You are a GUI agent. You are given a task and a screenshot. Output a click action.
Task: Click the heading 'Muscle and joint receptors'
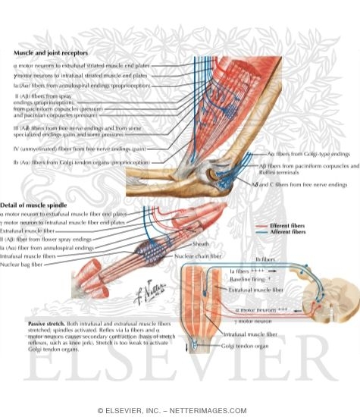tap(51, 54)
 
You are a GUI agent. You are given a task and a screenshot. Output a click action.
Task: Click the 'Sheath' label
tap(201, 245)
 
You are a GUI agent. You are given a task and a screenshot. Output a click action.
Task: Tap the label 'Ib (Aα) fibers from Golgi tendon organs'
tap(76, 162)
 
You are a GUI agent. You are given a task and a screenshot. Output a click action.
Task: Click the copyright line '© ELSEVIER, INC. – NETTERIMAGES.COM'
tap(180, 410)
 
